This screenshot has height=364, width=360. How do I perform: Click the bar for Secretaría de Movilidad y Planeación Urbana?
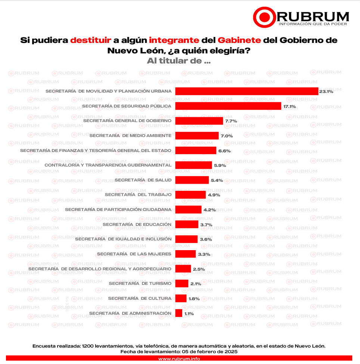click(x=246, y=91)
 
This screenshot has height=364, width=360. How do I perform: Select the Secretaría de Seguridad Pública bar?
click(x=228, y=106)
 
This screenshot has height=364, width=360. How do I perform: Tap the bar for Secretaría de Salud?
click(x=192, y=180)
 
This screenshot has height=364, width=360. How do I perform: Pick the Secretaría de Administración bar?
click(x=179, y=313)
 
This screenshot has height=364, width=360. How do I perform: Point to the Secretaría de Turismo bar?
click(x=181, y=283)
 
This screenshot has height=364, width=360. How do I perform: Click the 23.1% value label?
click(x=326, y=91)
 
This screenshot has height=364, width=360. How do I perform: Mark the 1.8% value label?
click(x=194, y=299)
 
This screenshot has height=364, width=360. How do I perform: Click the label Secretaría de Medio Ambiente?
click(x=130, y=136)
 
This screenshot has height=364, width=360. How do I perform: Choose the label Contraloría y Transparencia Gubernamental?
click(x=108, y=165)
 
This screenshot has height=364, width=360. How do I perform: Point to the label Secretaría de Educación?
click(x=137, y=224)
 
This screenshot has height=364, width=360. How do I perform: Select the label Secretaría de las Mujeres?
click(x=134, y=254)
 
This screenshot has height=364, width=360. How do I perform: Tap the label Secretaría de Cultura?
click(x=140, y=298)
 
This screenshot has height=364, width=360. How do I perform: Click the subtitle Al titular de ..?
click(x=179, y=61)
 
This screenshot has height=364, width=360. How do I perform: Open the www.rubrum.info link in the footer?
click(x=179, y=359)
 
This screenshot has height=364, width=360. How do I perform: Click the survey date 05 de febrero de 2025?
click(x=210, y=352)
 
